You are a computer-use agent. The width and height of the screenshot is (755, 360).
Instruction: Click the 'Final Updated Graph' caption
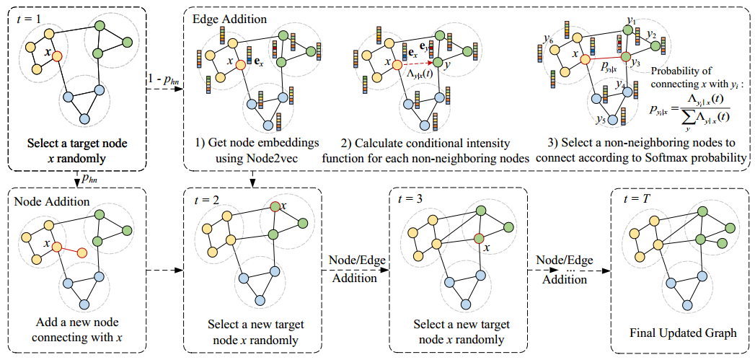(676, 333)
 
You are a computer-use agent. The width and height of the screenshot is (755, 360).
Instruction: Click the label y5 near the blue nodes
(600, 119)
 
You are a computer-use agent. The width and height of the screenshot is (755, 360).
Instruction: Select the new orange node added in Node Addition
(82, 253)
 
